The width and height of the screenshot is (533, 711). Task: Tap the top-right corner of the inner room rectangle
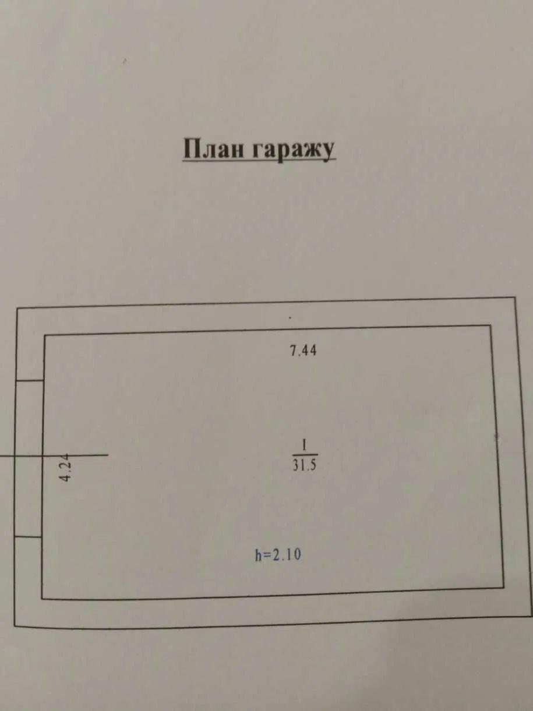490,326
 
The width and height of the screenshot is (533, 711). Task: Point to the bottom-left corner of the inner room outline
42,599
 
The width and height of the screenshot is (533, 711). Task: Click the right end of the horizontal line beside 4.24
108,455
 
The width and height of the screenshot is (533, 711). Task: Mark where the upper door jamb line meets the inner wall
44,380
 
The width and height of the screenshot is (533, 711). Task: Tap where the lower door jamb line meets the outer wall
15,537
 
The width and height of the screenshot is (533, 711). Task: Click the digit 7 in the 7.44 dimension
294,351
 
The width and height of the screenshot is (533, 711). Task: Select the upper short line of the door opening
30,380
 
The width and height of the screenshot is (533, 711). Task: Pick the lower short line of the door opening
29,537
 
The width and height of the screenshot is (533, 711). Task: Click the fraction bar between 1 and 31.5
305,455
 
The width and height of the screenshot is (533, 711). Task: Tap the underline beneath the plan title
259,159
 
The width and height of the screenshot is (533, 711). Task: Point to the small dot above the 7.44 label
290,318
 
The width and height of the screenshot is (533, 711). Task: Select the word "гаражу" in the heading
293,150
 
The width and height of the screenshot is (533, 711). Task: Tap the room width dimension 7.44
303,351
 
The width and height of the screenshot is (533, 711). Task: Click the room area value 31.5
305,465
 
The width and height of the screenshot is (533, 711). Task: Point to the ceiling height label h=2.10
278,554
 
